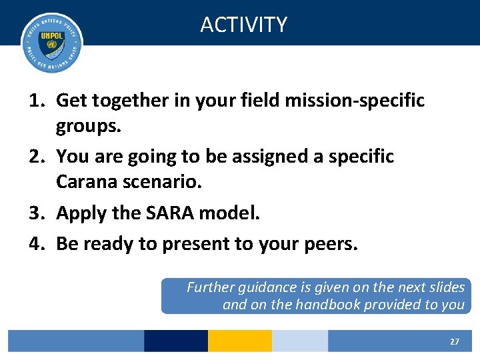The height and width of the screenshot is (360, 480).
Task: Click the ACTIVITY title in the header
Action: (243, 25)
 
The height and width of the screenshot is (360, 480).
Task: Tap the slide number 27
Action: (454, 341)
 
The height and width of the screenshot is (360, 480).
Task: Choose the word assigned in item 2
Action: (259, 157)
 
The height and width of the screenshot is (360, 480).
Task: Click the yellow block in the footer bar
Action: (239, 341)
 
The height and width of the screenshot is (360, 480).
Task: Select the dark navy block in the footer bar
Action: (175, 341)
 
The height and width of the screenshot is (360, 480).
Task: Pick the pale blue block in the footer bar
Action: (299, 341)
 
